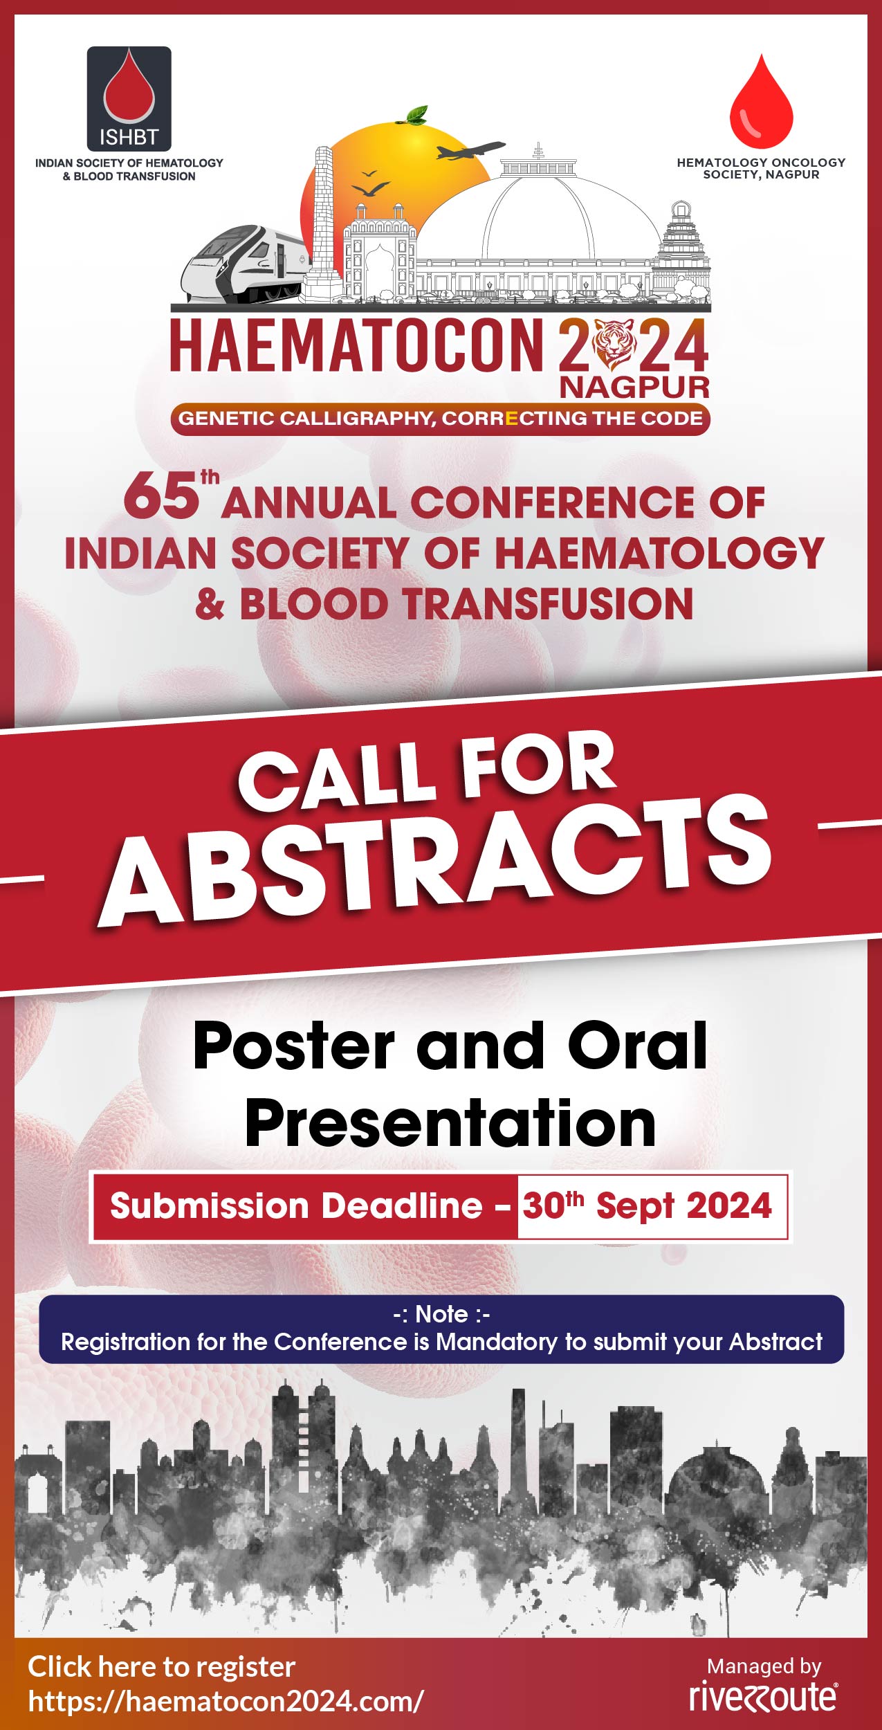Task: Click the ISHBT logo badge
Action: click(129, 99)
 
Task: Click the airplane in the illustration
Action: click(470, 149)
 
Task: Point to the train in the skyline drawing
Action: click(246, 265)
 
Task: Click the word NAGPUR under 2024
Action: click(634, 388)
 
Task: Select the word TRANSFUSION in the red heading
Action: click(549, 604)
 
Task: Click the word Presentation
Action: click(450, 1124)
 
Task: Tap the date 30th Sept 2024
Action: click(647, 1206)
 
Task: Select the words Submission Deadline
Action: click(296, 1206)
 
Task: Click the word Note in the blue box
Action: click(441, 1313)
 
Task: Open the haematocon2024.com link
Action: click(226, 1700)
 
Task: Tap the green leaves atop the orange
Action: click(416, 115)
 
